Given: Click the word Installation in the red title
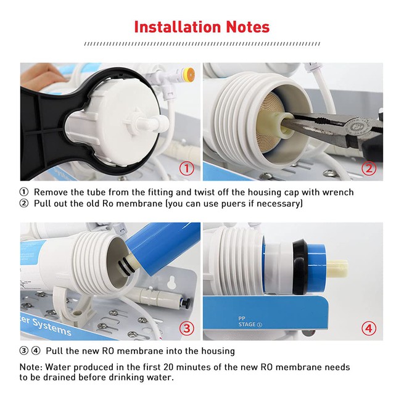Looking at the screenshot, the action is coord(178,27).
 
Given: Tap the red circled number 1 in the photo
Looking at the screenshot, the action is coord(186,168).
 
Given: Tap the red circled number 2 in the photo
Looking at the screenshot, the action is coord(369,168).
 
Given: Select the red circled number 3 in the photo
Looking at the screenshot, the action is coord(186,328).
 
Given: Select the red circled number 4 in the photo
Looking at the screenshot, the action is coord(369,328).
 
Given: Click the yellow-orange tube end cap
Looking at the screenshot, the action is coord(191,75).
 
